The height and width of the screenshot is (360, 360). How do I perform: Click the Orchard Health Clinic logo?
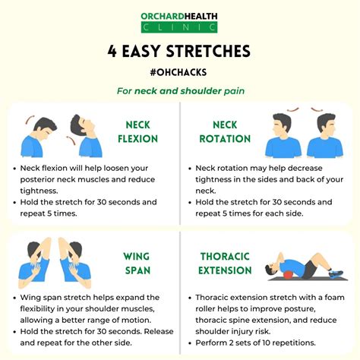pos(179,23)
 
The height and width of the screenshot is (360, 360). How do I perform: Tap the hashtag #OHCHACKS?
pos(178,72)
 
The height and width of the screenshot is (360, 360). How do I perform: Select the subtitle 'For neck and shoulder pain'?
pos(181,91)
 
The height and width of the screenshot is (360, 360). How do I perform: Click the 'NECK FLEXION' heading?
pos(138,132)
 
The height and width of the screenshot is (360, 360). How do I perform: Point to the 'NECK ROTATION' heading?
pos(225,132)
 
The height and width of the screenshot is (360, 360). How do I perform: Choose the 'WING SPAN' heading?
pos(137,264)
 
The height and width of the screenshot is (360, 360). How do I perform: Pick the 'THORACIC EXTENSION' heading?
pos(225,264)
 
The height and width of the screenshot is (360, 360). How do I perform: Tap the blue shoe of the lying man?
pos(336,274)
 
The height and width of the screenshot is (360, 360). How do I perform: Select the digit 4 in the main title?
pos(112,51)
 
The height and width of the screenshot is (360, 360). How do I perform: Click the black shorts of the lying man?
pos(309,270)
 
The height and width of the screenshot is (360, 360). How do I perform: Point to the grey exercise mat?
pos(308,279)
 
